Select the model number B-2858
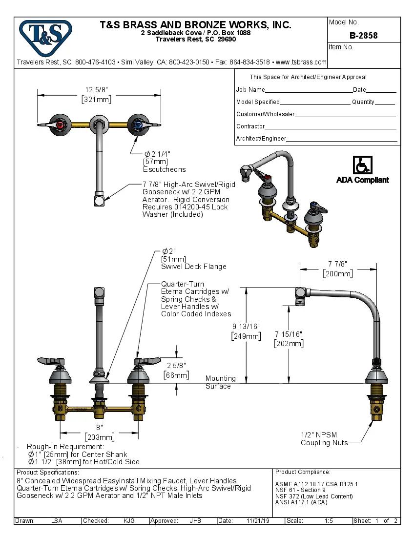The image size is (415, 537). pyautogui.click(x=363, y=36)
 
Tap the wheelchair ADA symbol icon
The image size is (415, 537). pyautogui.click(x=362, y=165)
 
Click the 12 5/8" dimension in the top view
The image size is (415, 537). pyautogui.click(x=96, y=90)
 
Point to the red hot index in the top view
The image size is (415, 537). pyautogui.click(x=61, y=125)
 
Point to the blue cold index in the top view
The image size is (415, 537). pyautogui.click(x=138, y=125)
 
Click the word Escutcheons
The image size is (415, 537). pyautogui.click(x=164, y=169)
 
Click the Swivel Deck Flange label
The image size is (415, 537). pyautogui.click(x=194, y=267)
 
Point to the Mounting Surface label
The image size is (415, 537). pyautogui.click(x=220, y=382)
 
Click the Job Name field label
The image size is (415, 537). pyautogui.click(x=250, y=90)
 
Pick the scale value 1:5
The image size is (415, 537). pyautogui.click(x=329, y=521)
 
